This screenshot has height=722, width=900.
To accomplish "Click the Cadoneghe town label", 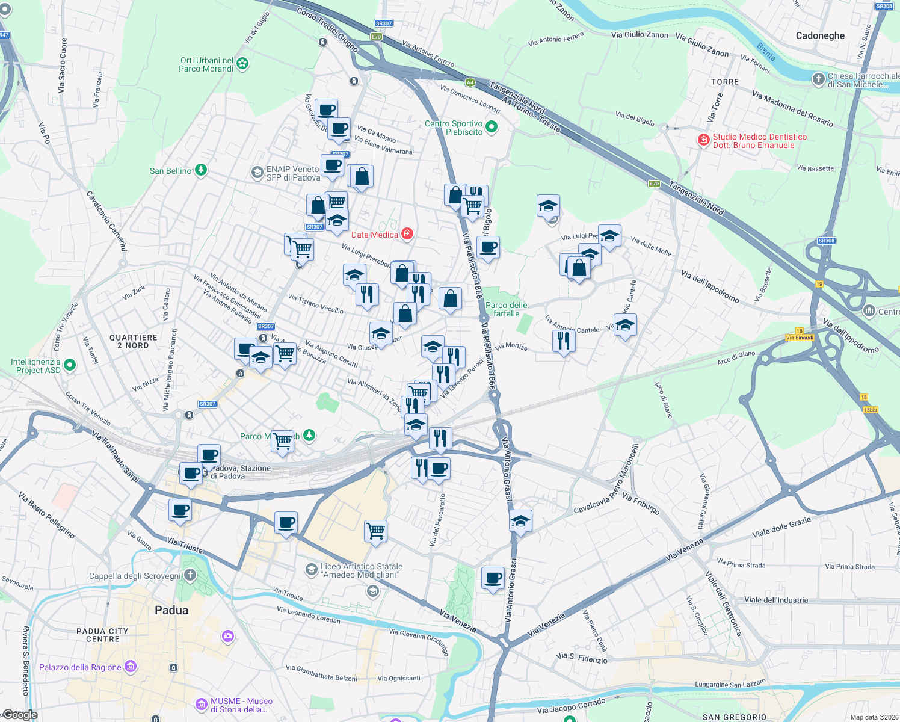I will tap(820, 35).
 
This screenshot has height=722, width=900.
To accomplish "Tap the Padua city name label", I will tap(171, 610).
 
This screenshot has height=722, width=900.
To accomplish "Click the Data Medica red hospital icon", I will tap(407, 234).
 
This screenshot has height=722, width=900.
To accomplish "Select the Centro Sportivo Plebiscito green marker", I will tap(492, 127).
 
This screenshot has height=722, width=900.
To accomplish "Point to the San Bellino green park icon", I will tap(201, 170).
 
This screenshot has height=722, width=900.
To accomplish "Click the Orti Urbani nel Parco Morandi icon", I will tap(242, 63).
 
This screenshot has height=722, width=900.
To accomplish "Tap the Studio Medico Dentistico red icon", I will tap(703, 140).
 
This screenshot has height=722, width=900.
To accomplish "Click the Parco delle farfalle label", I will tap(506, 309).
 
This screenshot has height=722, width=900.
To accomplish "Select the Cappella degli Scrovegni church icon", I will tap(190, 575).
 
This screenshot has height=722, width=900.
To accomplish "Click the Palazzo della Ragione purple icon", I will tap(131, 667).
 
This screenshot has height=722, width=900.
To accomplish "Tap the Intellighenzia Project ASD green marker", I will tap(70, 365).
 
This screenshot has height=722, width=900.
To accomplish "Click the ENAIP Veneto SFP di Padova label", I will tap(293, 173).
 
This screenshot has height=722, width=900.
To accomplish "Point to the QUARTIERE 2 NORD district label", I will tap(134, 341).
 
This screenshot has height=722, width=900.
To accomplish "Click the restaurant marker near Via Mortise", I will tap(564, 341).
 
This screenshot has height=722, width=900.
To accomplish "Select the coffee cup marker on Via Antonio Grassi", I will tap(493, 578).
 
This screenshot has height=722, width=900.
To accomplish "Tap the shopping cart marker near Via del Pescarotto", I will tap(376, 531).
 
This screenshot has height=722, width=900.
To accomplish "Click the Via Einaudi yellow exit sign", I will tap(800, 338).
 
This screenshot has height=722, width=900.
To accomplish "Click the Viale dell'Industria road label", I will tap(776, 600).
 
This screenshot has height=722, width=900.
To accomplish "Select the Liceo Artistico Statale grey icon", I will tap(311, 569).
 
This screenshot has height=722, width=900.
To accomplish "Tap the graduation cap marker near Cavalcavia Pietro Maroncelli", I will tap(520, 521).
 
